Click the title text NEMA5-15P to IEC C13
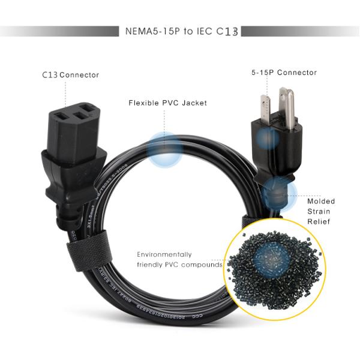(x=180, y=31)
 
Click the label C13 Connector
(x=70, y=75)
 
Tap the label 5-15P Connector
(x=284, y=73)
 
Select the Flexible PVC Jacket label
(x=168, y=103)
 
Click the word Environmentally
(x=164, y=254)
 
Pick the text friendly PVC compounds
(x=179, y=265)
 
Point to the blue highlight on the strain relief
(x=280, y=193)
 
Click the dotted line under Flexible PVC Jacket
(x=165, y=120)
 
